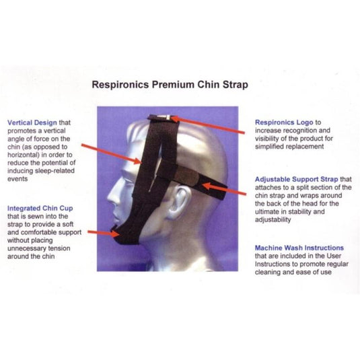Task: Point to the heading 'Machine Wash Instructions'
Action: coord(299,248)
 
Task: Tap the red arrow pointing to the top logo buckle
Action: coord(209,126)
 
